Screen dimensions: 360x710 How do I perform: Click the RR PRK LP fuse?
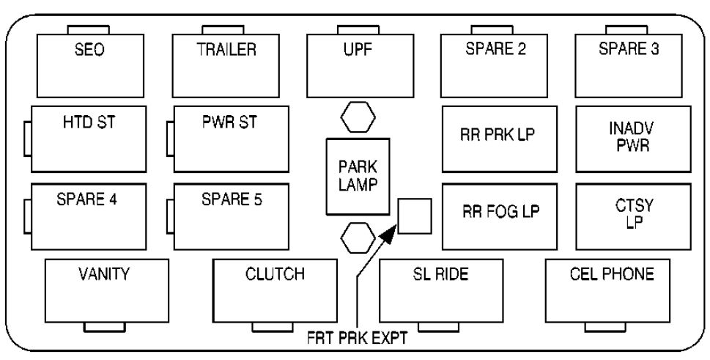click(500, 138)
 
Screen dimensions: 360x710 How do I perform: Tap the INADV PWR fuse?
click(633, 138)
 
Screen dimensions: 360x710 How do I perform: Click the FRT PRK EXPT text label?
click(358, 340)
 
